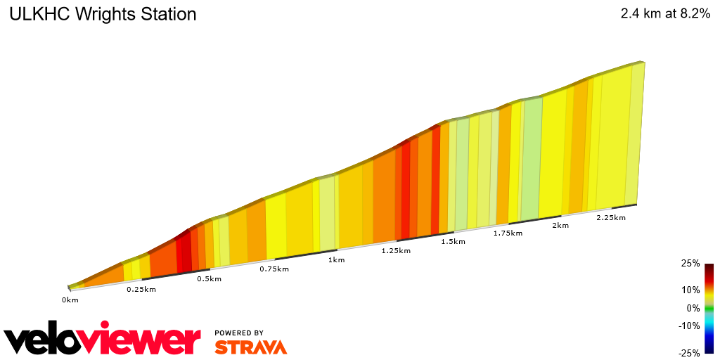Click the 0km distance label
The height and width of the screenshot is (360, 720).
tap(70, 300)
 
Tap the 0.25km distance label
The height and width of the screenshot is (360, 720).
tap(141, 289)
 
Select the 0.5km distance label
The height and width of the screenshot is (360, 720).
tap(209, 279)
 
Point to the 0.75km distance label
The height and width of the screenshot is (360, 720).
tap(275, 269)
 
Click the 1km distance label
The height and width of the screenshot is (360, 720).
tap(336, 260)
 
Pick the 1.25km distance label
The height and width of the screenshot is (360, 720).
tap(396, 250)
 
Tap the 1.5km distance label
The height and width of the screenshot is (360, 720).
tap(453, 242)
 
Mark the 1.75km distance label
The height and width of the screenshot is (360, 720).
tap(508, 233)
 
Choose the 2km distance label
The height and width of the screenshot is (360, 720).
tap(560, 226)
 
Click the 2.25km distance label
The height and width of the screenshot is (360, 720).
tap(610, 218)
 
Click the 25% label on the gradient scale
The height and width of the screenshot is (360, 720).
tap(690, 264)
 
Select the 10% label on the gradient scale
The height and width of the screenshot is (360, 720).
tap(690, 290)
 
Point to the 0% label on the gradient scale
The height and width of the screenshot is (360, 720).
tap(693, 308)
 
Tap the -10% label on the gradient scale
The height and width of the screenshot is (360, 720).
tap(689, 326)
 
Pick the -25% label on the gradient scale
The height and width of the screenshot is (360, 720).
tap(689, 353)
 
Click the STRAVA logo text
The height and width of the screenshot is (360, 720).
tap(250, 347)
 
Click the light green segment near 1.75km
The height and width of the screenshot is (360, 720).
tap(532, 158)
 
